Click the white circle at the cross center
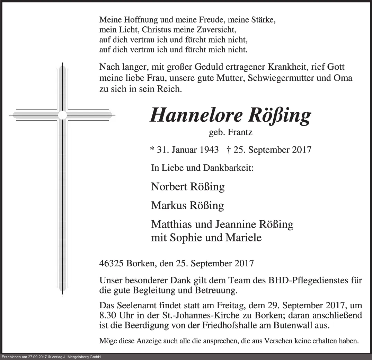tap(62, 115)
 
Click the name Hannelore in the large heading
tap(195, 116)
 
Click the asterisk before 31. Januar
tap(152, 149)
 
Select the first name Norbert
tap(169, 187)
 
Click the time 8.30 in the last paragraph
tap(107, 316)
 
